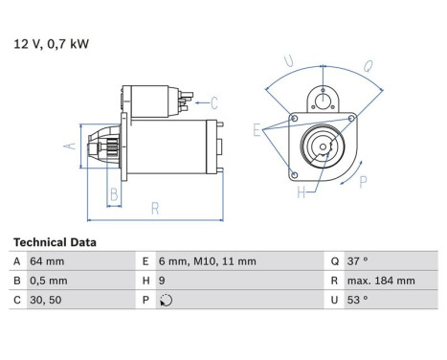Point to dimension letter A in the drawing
[68, 146]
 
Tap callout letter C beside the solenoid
[214, 102]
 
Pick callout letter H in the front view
[300, 194]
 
